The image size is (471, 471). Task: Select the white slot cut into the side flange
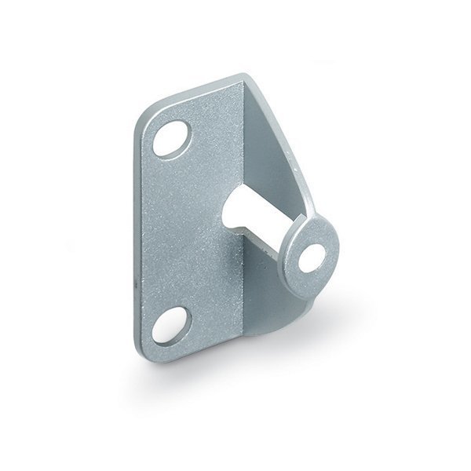(246, 217)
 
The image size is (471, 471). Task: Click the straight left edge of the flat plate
(138, 235)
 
